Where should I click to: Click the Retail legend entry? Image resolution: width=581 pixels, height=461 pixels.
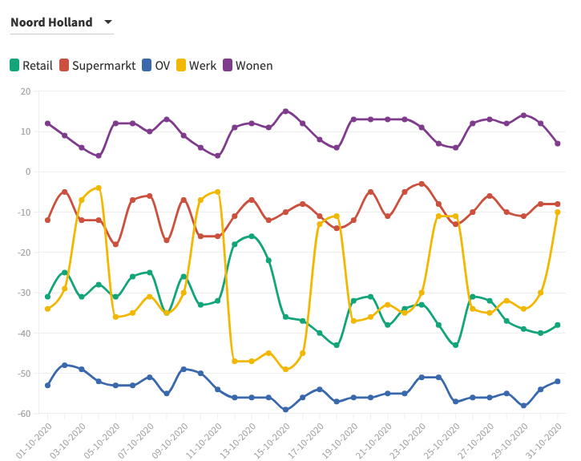(x=31, y=66)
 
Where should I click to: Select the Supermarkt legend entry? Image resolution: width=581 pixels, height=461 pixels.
(x=96, y=66)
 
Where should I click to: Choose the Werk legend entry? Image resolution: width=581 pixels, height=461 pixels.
(x=196, y=66)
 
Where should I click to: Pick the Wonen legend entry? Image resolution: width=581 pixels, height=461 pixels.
(x=248, y=66)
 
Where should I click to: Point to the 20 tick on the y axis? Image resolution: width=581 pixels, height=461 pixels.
(x=26, y=91)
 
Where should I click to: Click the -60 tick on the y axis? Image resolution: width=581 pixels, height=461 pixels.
(x=23, y=414)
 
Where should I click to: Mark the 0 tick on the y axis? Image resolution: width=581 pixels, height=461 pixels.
(x=27, y=172)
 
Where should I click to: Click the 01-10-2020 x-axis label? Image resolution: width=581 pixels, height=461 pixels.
(x=33, y=438)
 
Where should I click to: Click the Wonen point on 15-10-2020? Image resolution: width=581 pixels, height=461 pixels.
(x=285, y=111)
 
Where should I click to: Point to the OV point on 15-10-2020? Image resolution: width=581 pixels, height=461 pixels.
(x=285, y=410)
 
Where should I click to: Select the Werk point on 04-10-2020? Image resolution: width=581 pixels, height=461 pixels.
(x=99, y=188)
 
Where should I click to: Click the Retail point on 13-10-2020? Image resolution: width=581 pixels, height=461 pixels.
(x=252, y=236)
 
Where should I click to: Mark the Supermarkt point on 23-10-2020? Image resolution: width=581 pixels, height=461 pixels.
(x=422, y=184)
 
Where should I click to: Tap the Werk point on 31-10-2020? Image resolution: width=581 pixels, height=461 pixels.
(x=558, y=212)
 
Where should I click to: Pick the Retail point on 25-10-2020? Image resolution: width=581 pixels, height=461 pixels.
(x=455, y=345)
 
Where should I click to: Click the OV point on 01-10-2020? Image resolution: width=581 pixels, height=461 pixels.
(x=47, y=385)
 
